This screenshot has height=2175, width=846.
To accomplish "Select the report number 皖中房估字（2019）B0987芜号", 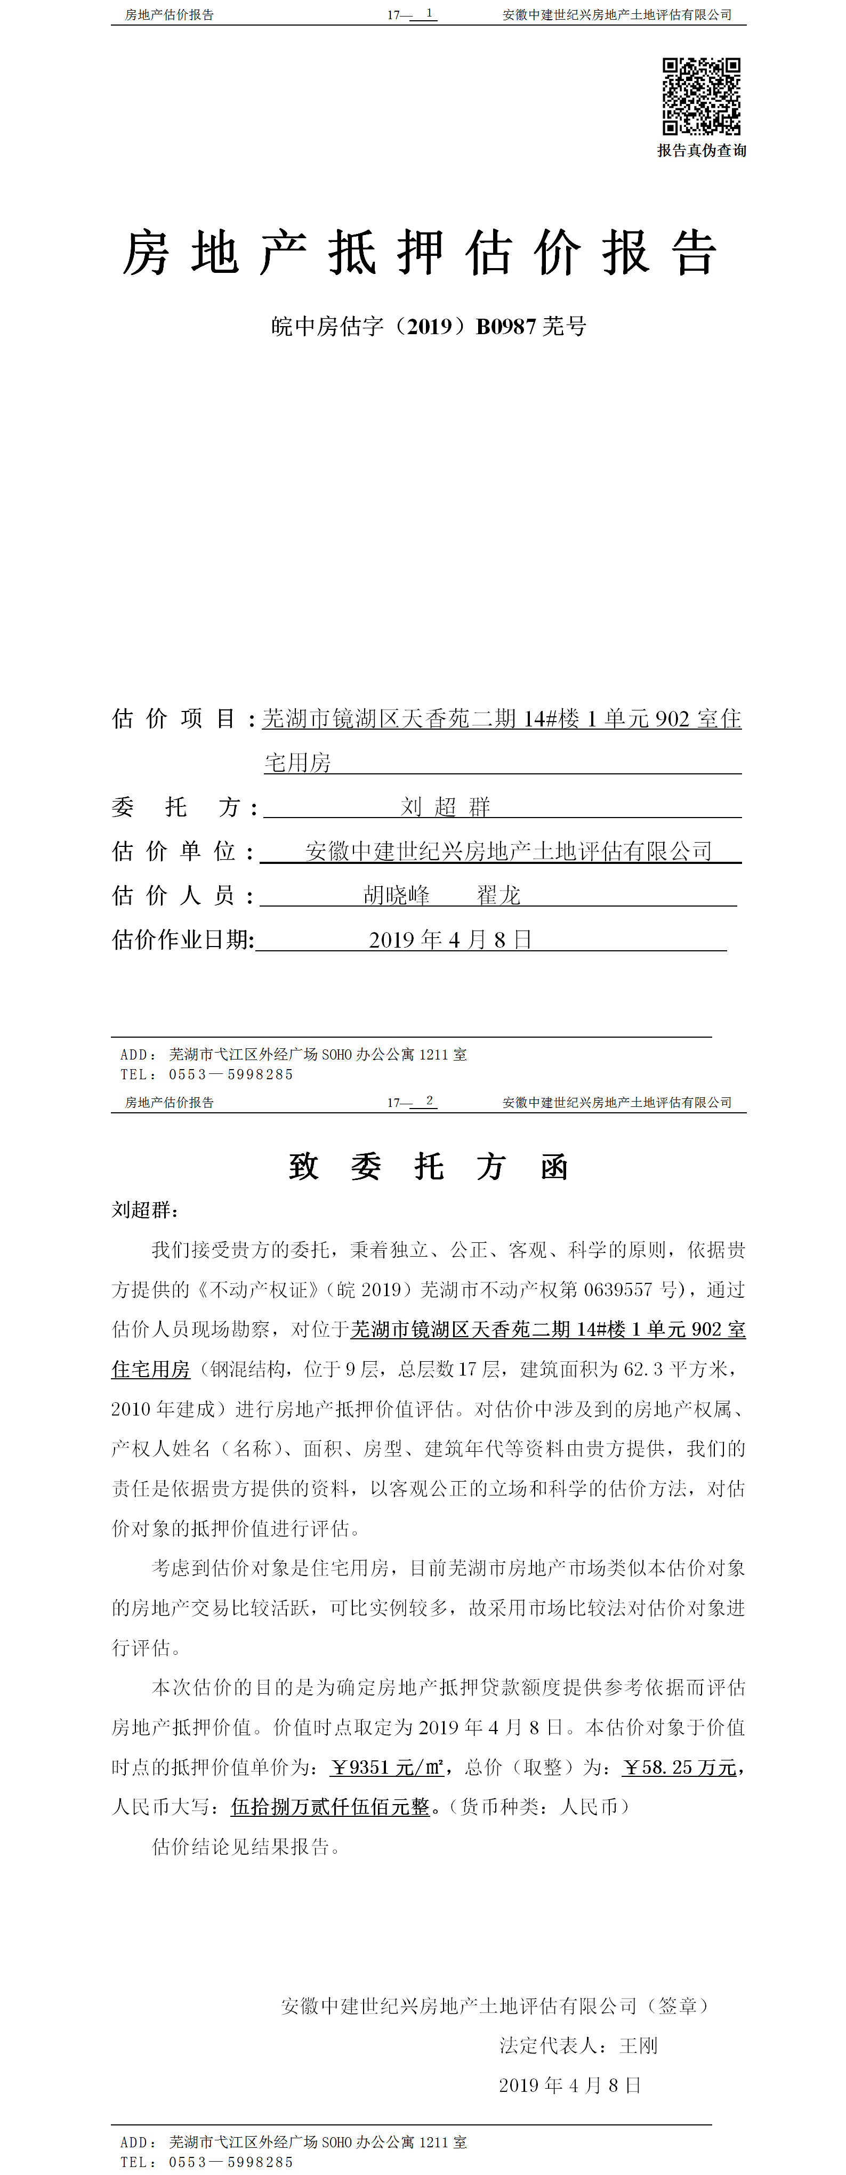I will click(428, 326).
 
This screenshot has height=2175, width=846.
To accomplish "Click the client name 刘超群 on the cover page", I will click(445, 807).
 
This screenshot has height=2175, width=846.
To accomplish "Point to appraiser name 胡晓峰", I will click(396, 895).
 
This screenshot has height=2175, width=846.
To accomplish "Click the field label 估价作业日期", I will click(182, 940).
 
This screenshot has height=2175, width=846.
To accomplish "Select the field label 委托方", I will click(182, 807).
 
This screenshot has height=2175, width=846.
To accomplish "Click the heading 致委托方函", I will click(428, 1167).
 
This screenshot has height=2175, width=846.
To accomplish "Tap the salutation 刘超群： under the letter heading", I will click(145, 1210).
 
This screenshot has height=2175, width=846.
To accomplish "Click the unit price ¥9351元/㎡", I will click(386, 1767).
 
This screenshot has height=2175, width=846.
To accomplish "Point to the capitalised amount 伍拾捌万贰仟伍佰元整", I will click(330, 1807).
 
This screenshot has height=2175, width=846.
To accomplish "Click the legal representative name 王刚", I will click(638, 2046).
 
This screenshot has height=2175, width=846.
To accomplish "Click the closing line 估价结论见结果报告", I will click(245, 1847).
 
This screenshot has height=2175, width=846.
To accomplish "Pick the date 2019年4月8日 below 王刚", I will click(570, 2085).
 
